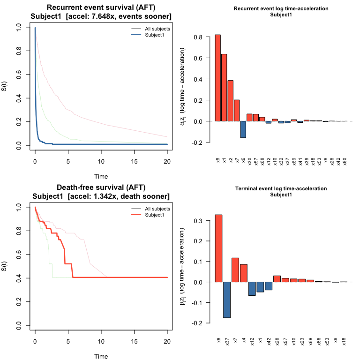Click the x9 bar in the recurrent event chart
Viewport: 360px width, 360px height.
pyautogui.click(x=218, y=78)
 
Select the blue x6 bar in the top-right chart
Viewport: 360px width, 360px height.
pyautogui.click(x=243, y=129)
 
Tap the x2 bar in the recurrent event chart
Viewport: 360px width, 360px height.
pyautogui.click(x=231, y=100)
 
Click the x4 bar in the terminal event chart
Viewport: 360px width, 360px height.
pyautogui.click(x=243, y=273)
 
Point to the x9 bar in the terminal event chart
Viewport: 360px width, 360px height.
pyautogui.click(x=218, y=248)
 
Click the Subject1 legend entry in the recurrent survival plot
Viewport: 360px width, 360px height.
pyautogui.click(x=155, y=34)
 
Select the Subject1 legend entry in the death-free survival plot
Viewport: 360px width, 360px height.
pyautogui.click(x=155, y=215)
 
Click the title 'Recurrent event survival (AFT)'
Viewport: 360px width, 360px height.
pyautogui.click(x=101, y=8)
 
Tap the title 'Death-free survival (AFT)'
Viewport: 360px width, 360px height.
pyautogui.click(x=101, y=188)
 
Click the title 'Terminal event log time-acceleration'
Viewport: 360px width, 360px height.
pyautogui.click(x=281, y=188)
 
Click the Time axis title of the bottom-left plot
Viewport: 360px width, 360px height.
pyautogui.click(x=101, y=356)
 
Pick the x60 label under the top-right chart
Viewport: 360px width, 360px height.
pyautogui.click(x=345, y=161)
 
